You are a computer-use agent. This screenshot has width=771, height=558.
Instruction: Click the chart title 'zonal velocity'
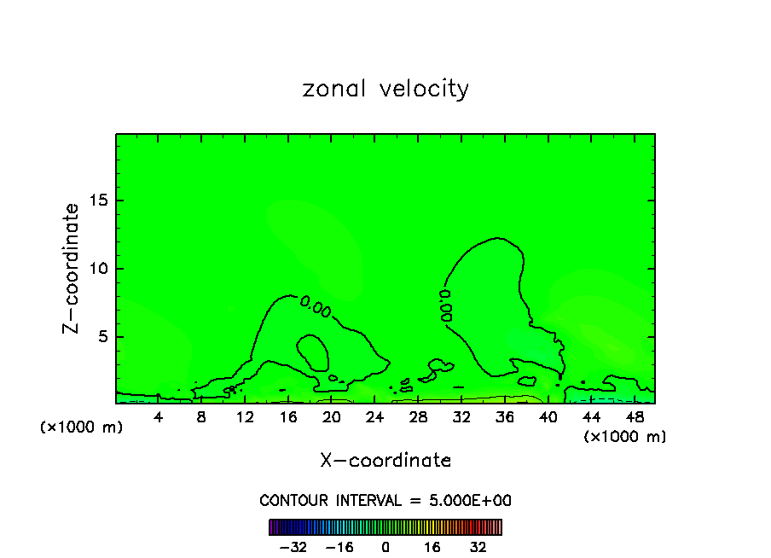(x=385, y=89)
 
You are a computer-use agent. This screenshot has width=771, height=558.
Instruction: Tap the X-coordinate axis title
(x=385, y=461)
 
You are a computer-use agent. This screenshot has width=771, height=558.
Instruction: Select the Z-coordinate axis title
(x=72, y=268)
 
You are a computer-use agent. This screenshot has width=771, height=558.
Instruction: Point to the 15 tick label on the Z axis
(x=96, y=201)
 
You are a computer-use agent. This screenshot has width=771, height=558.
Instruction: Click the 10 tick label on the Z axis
(x=96, y=269)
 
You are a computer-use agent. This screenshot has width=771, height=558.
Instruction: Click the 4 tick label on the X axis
(x=159, y=417)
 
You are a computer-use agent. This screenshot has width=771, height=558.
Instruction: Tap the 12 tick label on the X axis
(x=245, y=417)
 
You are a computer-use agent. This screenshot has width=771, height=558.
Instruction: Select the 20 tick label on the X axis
(x=332, y=417)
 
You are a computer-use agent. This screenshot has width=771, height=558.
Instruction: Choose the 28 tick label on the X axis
(x=418, y=417)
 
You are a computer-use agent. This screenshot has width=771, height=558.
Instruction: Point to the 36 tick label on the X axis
(x=505, y=417)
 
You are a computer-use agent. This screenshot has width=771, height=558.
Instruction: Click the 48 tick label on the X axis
(x=635, y=417)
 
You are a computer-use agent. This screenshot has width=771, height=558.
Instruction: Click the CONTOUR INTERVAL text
(x=385, y=501)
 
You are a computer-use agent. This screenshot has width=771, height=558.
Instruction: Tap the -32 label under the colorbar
(x=294, y=547)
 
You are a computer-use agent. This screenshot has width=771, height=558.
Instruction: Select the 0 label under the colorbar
(x=385, y=547)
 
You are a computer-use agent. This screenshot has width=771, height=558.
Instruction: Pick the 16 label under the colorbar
(x=432, y=547)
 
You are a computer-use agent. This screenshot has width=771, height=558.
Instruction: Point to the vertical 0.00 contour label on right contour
(x=446, y=305)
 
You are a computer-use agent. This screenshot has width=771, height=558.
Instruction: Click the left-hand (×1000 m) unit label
(x=82, y=427)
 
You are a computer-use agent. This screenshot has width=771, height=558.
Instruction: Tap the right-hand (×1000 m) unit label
(x=625, y=436)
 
